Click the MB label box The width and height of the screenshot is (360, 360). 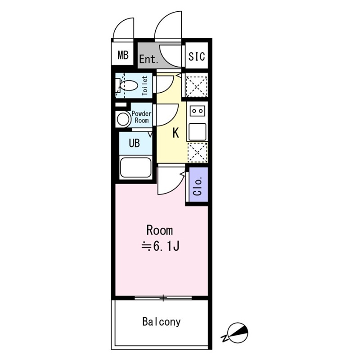(123, 55)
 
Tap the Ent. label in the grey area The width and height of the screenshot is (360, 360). (148, 59)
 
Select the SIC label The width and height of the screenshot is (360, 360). (197, 56)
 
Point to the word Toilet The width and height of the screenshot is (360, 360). (145, 85)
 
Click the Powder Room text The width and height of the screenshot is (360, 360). (141, 117)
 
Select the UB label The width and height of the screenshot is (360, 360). (134, 144)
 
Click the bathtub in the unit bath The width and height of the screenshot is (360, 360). (135, 168)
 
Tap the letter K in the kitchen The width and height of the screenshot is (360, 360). (176, 133)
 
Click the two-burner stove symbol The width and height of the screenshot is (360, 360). (197, 110)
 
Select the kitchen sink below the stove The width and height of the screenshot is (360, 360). (197, 131)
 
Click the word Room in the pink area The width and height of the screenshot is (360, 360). (159, 230)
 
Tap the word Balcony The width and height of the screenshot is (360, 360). (162, 322)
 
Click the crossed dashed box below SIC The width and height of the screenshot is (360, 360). (197, 86)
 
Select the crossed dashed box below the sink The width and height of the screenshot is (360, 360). (197, 152)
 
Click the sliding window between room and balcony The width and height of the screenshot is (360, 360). (164, 297)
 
